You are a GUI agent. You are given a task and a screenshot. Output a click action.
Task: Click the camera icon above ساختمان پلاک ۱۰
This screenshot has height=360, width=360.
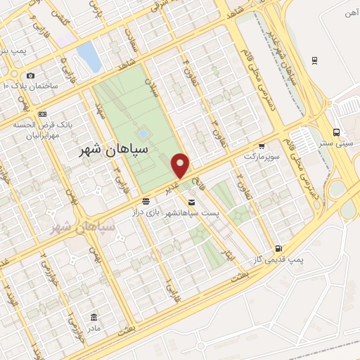pos(30,75)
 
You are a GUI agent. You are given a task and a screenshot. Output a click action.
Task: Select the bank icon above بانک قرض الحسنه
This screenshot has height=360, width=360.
pos(43,113)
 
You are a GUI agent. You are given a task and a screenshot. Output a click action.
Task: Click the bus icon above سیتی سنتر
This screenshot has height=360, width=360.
pos(337,132)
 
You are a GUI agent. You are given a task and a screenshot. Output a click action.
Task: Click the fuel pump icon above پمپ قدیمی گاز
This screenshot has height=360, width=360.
pos(280,248)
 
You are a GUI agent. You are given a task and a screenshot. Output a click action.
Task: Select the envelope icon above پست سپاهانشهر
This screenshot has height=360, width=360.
pos(192,201)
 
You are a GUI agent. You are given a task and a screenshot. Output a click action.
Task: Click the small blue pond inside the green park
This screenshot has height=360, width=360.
pos(143,132)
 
